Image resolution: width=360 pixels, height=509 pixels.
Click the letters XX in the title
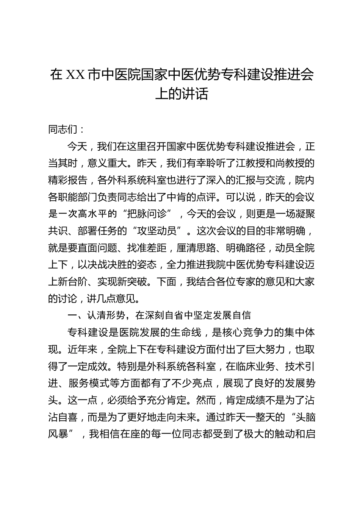tap(75, 75)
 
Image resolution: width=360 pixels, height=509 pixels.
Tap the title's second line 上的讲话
tap(182, 94)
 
